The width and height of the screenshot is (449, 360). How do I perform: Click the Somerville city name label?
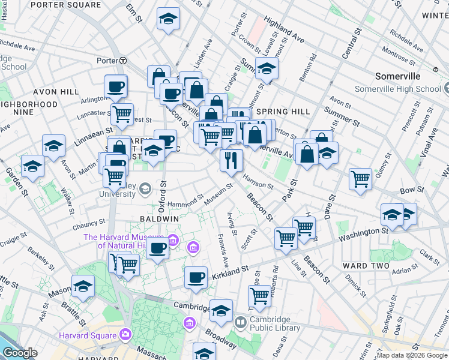tap(400, 77)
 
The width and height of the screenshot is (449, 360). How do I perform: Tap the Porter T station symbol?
tap(122, 61)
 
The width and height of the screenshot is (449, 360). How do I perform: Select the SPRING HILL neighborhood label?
tap(283, 112)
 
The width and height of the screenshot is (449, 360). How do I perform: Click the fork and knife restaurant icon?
tap(231, 160)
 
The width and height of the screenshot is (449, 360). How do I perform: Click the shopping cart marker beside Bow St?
tap(360, 178)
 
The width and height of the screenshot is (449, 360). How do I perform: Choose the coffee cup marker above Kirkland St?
tap(196, 277)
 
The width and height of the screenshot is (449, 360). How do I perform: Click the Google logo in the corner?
tap(20, 352)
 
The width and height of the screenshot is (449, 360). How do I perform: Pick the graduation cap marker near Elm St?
tap(168, 19)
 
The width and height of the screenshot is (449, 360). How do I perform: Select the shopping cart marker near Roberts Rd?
tap(259, 295)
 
